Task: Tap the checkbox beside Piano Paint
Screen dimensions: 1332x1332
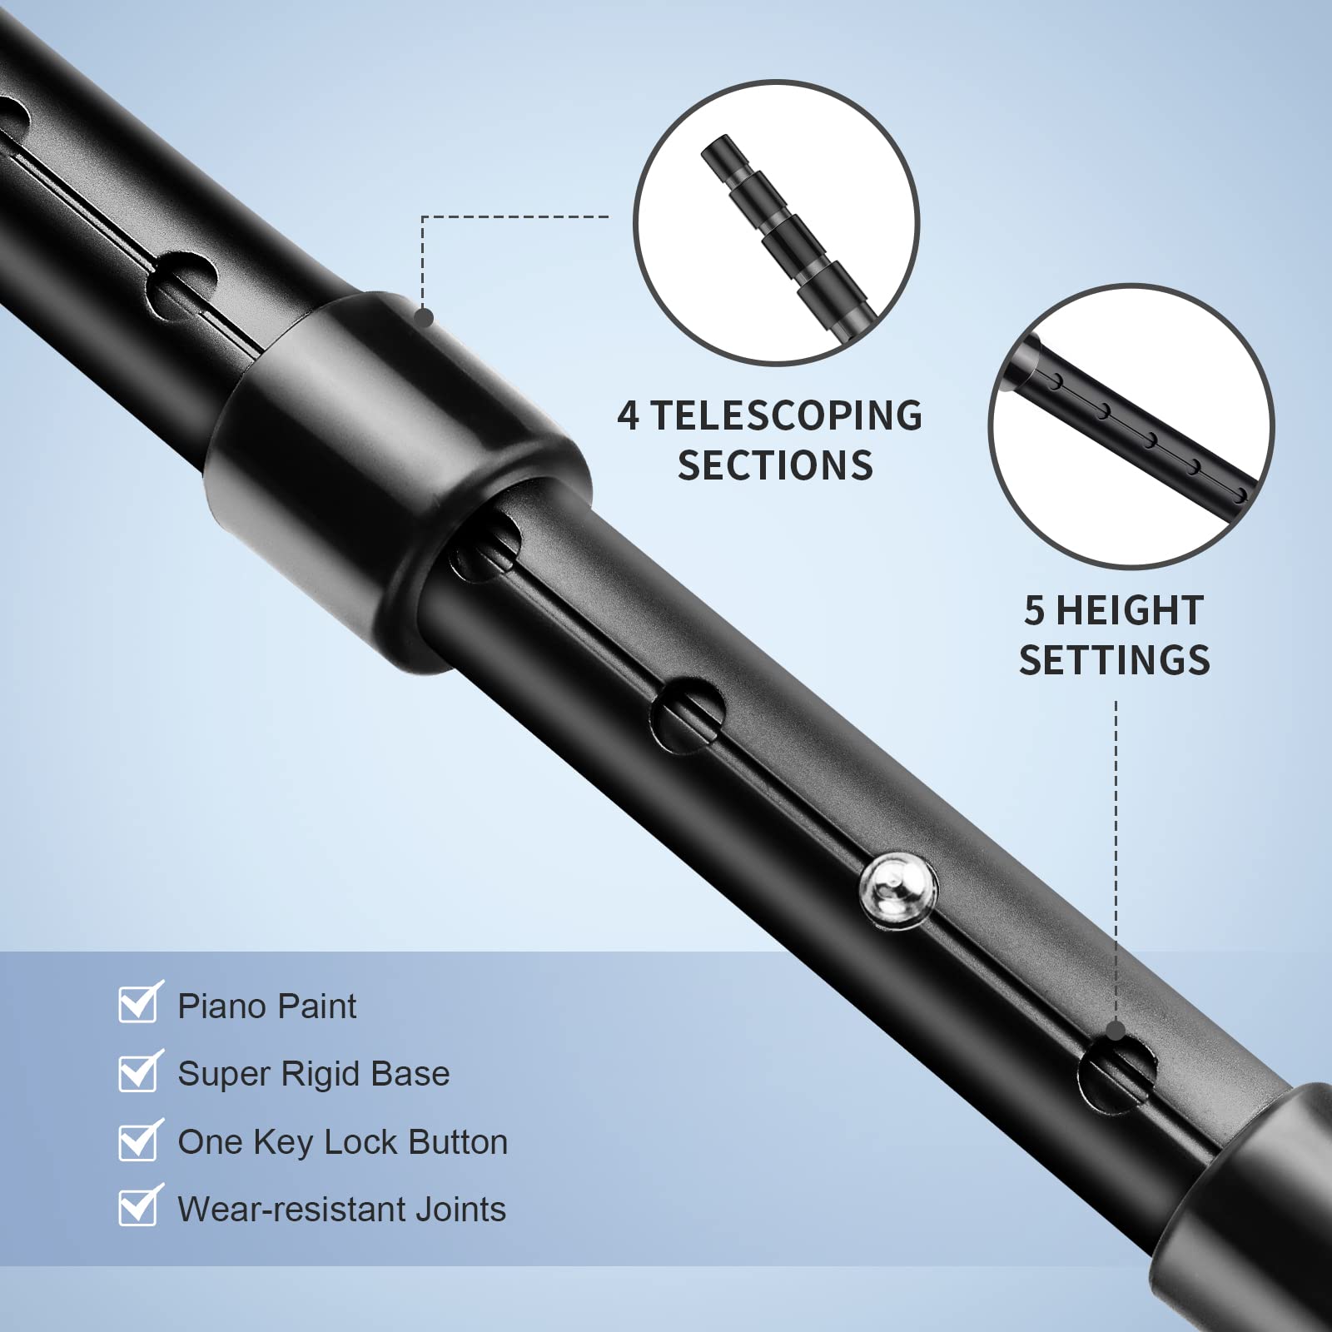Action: coord(137,1005)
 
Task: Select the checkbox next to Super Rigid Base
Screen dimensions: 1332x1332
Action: coord(137,1072)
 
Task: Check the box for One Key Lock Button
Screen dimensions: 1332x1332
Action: coord(137,1141)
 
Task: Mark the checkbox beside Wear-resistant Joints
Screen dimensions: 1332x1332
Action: coord(137,1208)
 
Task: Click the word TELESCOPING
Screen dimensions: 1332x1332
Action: coord(786,416)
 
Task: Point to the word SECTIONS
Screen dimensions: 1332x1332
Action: coord(775,465)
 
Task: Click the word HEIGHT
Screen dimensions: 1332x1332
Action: coord(1130,611)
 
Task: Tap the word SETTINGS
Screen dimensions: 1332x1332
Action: coord(1115,660)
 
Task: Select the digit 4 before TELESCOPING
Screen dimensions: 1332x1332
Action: coord(628,416)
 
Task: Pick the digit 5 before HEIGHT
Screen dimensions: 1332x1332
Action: coord(1035,611)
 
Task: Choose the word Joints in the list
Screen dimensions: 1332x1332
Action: coord(460,1209)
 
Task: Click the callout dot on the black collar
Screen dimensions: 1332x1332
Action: coord(424,317)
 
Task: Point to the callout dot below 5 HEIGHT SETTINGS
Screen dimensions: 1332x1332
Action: coord(1116,1031)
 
